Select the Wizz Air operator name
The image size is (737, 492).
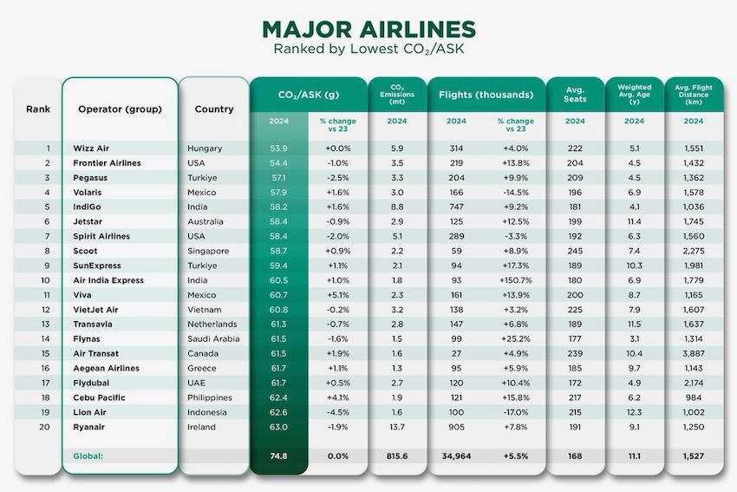tap(92, 148)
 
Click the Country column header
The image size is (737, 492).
tap(214, 109)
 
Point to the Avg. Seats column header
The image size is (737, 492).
tap(575, 94)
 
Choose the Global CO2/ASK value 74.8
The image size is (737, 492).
tap(278, 456)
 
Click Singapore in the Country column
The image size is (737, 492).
tap(209, 251)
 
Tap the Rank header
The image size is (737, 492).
tap(37, 109)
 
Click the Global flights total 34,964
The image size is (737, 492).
tap(456, 456)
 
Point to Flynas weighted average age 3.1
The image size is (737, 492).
tap(634, 338)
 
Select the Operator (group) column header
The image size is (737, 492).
tap(120, 109)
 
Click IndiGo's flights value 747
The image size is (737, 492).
tap(456, 207)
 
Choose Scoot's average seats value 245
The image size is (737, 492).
tap(575, 251)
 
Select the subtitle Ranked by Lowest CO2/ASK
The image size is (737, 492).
tap(368, 49)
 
